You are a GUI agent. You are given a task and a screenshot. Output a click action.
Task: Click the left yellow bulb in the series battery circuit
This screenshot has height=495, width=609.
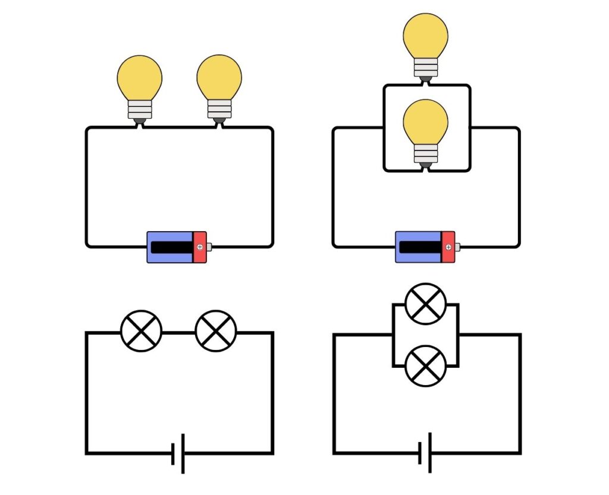[x=140, y=78]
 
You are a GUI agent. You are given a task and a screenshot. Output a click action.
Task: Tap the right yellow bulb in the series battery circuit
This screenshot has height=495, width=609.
[x=219, y=78]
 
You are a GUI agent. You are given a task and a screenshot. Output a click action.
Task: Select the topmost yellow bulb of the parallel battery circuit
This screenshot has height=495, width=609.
[x=425, y=36]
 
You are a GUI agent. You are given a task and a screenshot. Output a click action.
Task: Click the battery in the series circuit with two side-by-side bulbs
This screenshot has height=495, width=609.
[x=177, y=247]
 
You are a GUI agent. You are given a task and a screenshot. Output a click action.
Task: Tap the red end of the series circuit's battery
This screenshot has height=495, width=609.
[x=199, y=247]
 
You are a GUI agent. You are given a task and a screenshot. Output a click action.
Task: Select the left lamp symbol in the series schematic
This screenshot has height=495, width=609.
[x=141, y=331]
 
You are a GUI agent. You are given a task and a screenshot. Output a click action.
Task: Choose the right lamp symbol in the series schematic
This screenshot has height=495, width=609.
[x=216, y=331]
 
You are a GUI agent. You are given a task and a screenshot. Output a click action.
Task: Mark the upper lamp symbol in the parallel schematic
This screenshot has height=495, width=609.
[x=425, y=304]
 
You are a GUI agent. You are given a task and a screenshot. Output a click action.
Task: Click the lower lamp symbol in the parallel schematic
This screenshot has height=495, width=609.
[x=425, y=365]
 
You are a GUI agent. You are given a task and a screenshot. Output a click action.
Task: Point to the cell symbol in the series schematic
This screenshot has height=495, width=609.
[x=178, y=454]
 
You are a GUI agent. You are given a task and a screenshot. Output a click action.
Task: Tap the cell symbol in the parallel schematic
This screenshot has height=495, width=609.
[x=425, y=453]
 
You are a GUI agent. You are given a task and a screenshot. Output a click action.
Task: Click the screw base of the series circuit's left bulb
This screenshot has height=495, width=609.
[x=140, y=109]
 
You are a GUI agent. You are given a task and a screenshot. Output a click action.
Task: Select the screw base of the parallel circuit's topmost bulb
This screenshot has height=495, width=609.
[x=425, y=67]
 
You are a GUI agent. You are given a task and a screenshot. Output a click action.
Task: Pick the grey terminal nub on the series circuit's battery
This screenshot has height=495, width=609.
[x=209, y=247]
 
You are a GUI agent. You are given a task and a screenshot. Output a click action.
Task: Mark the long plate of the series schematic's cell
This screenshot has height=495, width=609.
[x=182, y=454]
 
